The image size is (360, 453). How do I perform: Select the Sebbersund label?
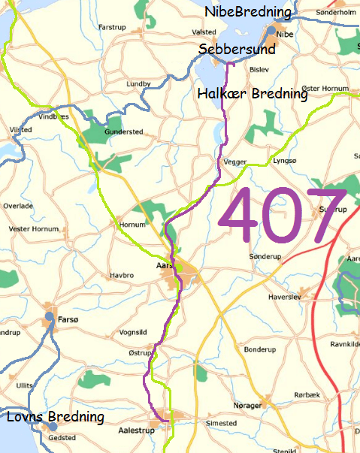[x=237, y=49]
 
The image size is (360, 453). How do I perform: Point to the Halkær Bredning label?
[x=252, y=94]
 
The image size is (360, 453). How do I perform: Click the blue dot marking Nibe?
[x=269, y=32]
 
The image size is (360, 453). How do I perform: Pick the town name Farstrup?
[x=112, y=27]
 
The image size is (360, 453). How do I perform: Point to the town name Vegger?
[x=235, y=160]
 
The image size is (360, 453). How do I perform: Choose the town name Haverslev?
[x=284, y=298]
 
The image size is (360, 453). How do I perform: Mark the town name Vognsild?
[x=135, y=332]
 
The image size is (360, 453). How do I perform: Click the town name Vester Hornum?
[x=33, y=228]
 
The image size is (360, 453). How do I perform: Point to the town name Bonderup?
[x=260, y=349]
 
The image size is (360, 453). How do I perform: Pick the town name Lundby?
[x=139, y=83]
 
